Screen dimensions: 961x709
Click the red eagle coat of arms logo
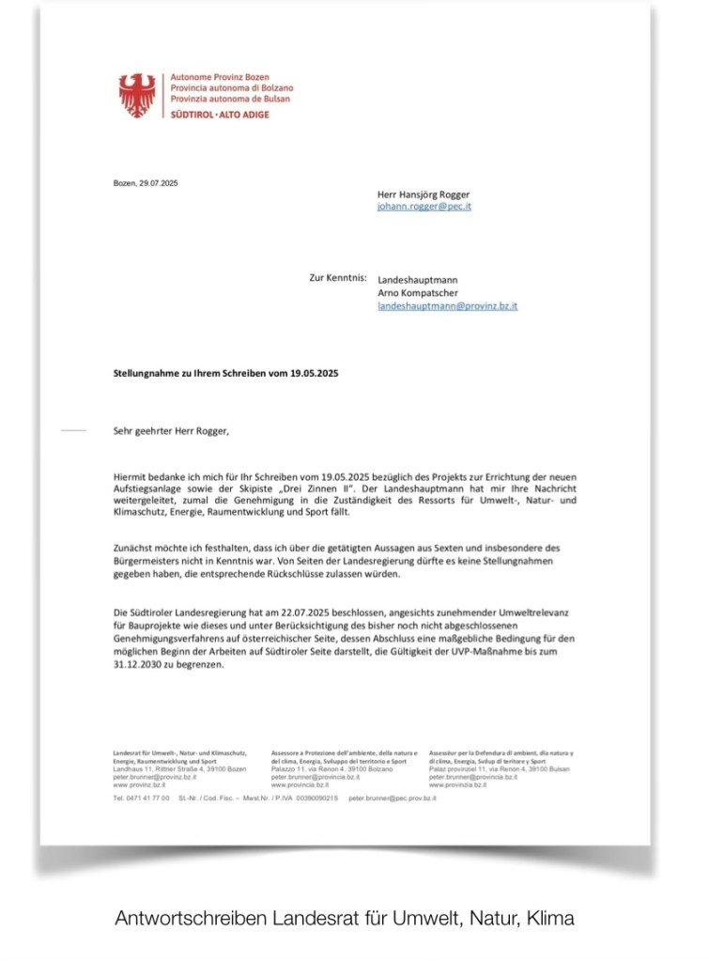(x=137, y=95)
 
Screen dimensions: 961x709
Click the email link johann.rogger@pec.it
(x=424, y=207)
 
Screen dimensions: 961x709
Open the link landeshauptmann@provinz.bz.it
(x=447, y=306)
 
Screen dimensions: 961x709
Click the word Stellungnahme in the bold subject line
(x=144, y=373)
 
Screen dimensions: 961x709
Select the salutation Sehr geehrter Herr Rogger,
(x=169, y=432)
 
